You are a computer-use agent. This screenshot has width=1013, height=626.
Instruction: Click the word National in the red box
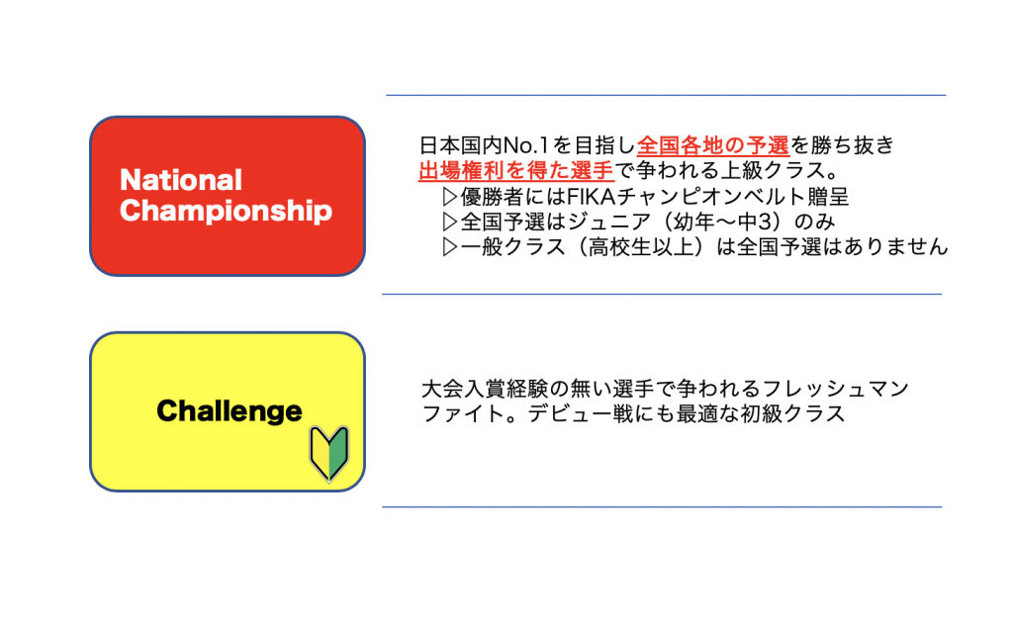tap(181, 180)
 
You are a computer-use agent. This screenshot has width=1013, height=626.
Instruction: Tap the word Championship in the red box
tap(227, 212)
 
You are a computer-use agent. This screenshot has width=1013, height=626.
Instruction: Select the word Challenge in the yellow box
tap(230, 411)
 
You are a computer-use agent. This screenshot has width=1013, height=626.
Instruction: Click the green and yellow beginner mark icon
tap(329, 454)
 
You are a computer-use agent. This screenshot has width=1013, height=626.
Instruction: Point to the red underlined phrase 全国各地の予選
tap(712, 145)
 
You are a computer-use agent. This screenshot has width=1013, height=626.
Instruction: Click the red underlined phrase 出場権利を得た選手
tap(516, 170)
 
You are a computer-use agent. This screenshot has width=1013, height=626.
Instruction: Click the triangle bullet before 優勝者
tap(450, 197)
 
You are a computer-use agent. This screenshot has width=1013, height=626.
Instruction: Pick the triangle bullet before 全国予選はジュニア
tap(450, 222)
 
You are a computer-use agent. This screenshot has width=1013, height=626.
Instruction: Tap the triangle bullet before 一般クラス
tap(450, 247)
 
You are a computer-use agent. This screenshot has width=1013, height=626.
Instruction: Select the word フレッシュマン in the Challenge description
tap(836, 389)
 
